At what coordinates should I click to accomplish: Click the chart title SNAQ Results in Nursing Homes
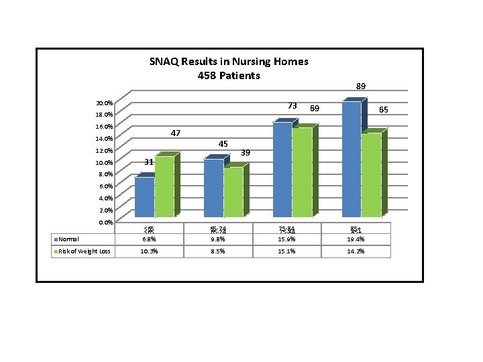[229, 61]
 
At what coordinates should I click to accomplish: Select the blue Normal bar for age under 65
[145, 197]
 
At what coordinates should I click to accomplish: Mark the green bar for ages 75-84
[303, 172]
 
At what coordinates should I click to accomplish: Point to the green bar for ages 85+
[371, 175]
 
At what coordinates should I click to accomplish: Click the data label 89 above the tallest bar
[361, 86]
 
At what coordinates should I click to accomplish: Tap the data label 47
[175, 133]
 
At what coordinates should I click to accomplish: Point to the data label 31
[150, 162]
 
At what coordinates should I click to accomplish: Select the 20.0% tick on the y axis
[104, 103]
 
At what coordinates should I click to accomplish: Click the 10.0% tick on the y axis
[104, 163]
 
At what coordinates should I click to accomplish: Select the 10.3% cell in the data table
[150, 251]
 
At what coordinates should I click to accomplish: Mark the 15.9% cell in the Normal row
[287, 239]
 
